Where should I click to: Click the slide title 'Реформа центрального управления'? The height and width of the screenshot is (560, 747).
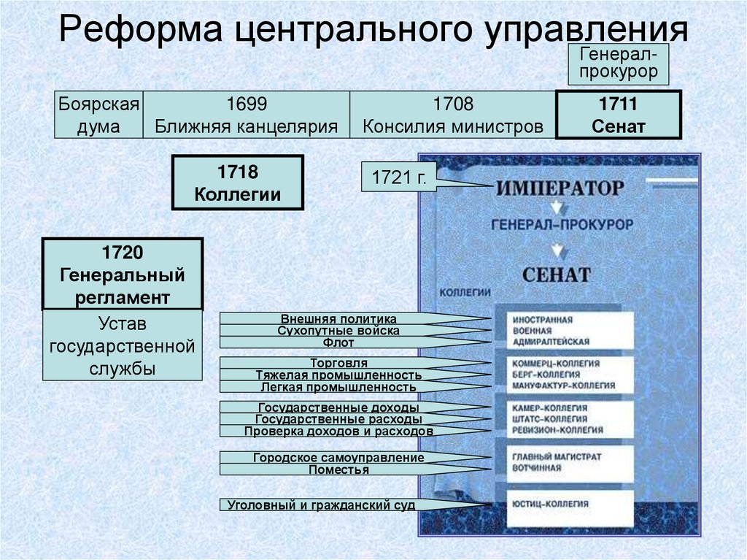click(x=373, y=32)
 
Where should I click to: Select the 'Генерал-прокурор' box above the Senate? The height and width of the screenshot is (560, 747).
click(x=618, y=63)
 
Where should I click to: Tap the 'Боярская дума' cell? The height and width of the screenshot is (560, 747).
click(x=99, y=115)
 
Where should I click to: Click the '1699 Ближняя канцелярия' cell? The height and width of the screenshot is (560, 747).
click(x=246, y=115)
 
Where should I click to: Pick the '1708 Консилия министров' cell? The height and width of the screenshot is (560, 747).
click(x=452, y=115)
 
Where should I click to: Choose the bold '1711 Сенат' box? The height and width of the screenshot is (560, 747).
click(x=618, y=115)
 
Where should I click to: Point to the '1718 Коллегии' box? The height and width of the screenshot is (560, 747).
click(x=237, y=183)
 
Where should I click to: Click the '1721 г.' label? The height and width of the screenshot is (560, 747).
click(x=398, y=177)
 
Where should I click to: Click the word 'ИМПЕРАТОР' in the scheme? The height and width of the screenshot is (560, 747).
click(x=560, y=187)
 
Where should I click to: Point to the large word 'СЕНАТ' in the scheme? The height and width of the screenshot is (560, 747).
click(x=556, y=275)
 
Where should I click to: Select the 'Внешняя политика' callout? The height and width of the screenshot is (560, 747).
click(x=338, y=319)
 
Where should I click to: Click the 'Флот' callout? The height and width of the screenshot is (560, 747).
click(x=338, y=342)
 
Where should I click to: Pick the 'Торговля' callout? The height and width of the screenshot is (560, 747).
click(x=338, y=363)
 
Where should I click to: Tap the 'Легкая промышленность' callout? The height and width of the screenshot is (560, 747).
click(x=338, y=386)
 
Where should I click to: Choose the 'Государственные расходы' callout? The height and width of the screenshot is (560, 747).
click(x=338, y=419)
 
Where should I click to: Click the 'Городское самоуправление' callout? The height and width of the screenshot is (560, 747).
click(x=338, y=458)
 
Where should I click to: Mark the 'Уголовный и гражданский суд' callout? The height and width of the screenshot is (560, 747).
click(x=321, y=505)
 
